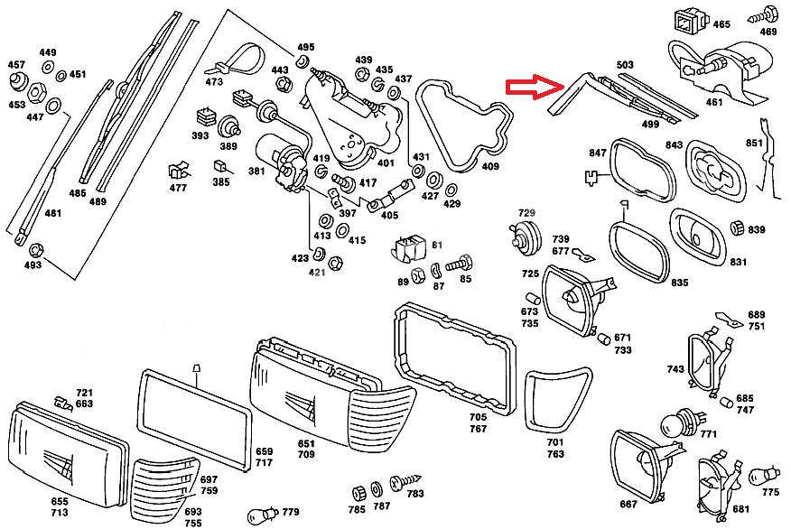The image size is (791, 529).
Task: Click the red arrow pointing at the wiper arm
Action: tap(535, 87)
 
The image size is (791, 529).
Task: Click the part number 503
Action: tap(625, 65)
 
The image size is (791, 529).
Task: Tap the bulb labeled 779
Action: tap(264, 515)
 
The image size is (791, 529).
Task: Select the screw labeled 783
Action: tap(405, 481)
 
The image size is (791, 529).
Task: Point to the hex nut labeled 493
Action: tap(35, 250)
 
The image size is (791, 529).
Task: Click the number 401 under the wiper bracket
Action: tap(386, 162)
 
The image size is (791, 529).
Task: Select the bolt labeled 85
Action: tap(460, 263)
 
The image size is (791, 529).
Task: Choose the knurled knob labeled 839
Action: tap(737, 227)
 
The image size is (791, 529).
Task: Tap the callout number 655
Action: tap(59, 501)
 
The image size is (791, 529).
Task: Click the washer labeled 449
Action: tap(49, 67)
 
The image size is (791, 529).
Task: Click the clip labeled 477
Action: tap(178, 171)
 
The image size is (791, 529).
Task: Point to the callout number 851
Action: tap(754, 144)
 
